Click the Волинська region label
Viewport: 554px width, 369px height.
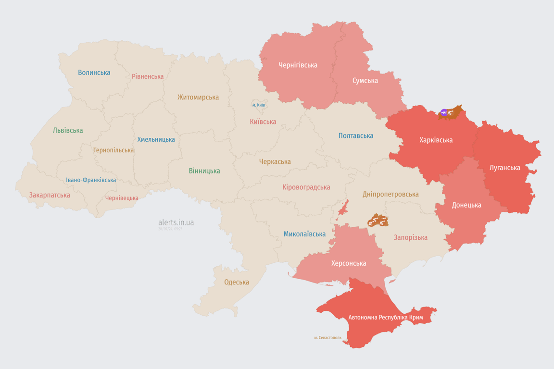[94, 73]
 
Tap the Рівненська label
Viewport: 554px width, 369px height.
[148, 76]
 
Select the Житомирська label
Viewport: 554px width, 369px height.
[198, 97]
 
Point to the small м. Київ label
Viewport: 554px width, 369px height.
[258, 105]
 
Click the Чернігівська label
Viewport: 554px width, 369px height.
[298, 65]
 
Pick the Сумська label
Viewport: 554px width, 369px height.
[365, 80]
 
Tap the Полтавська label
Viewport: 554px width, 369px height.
[356, 135]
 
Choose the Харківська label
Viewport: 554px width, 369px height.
[436, 140]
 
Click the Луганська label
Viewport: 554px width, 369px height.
[505, 168]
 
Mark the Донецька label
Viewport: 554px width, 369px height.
[466, 205]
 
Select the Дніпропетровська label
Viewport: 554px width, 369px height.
[390, 194]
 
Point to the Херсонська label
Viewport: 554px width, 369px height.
[349, 263]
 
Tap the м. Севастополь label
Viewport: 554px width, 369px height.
[327, 338]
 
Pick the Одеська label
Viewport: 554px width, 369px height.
[237, 282]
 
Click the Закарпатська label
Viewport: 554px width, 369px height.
[50, 195]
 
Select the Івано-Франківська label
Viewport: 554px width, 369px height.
[91, 180]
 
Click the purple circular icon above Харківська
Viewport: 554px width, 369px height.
[444, 112]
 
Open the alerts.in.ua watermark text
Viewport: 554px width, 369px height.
[176, 222]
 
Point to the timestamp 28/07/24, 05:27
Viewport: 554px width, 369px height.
[170, 229]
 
